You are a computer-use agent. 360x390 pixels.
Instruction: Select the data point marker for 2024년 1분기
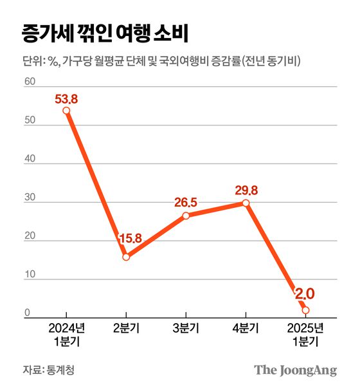[x=66, y=111]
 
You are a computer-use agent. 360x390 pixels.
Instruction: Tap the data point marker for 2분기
[x=126, y=257]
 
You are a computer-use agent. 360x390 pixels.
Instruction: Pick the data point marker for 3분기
[x=186, y=216]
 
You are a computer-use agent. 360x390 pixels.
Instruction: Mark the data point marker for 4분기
[x=246, y=203]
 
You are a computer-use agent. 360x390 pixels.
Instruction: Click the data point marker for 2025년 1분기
[x=305, y=310]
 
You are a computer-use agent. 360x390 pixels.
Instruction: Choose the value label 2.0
[x=304, y=294]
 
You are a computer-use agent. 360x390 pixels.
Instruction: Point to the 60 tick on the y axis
[x=28, y=81]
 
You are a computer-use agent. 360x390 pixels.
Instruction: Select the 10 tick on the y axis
[x=28, y=275]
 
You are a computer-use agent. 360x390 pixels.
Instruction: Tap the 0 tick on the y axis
[x=28, y=313]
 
